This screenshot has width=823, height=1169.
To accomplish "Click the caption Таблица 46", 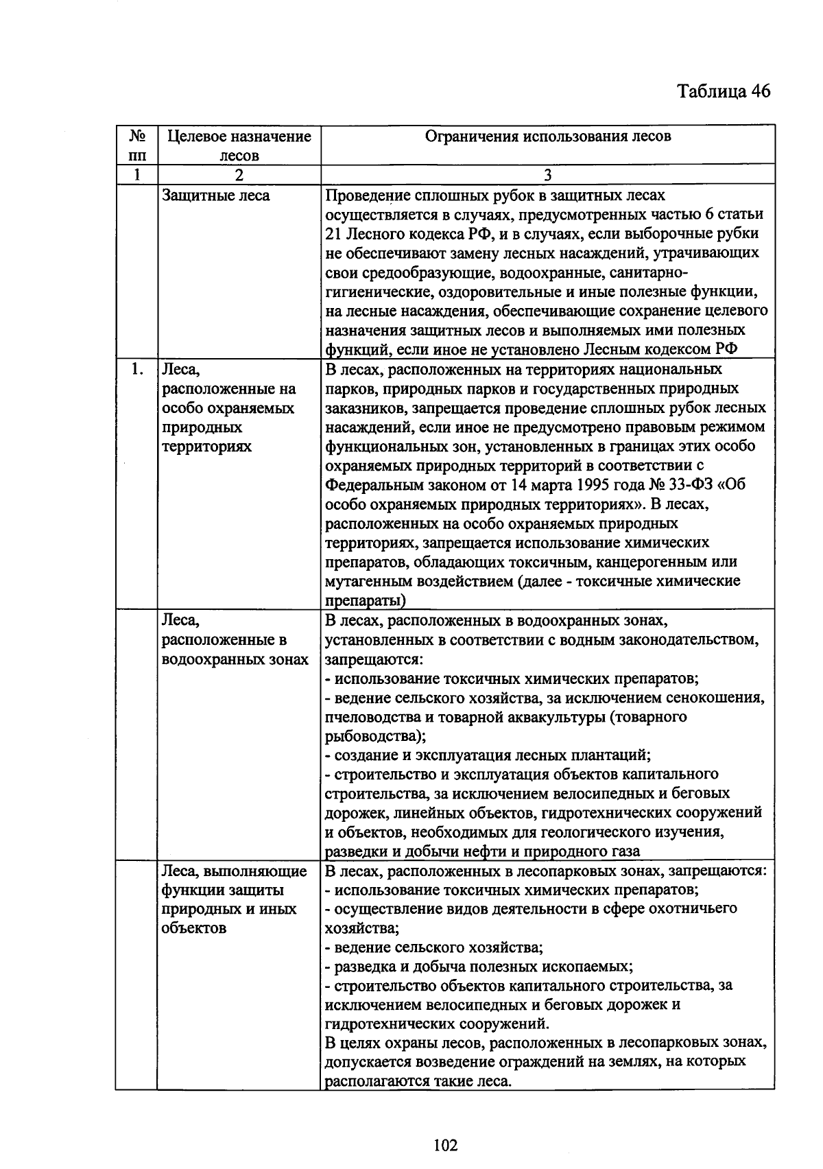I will tap(723, 92).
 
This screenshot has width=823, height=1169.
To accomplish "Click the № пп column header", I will tap(137, 145).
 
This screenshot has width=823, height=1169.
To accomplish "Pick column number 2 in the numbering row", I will tap(239, 175).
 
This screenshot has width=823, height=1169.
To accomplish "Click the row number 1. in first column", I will tap(137, 370).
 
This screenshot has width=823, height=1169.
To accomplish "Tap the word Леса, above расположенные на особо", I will tap(180, 370).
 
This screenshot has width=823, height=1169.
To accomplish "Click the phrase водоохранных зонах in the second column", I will tap(235, 659).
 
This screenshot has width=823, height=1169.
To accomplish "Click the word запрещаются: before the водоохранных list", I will tap(373, 659).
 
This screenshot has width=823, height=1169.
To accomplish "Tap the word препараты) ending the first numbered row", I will tap(364, 601).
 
